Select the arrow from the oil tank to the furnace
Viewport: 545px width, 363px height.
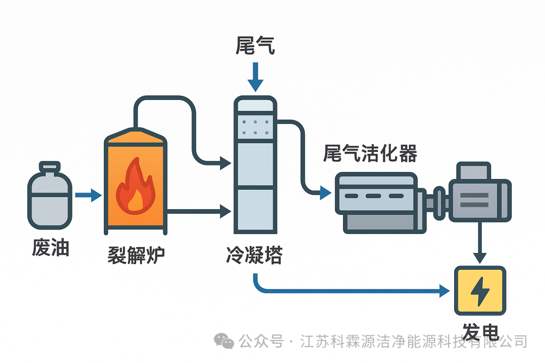pyautogui.click(x=88, y=195)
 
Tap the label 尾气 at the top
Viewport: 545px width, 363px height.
pyautogui.click(x=255, y=45)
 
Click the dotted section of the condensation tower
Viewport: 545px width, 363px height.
pyautogui.click(x=255, y=127)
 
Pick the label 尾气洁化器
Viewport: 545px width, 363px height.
pyautogui.click(x=370, y=153)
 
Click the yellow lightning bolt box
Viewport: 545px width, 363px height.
pyautogui.click(x=479, y=290)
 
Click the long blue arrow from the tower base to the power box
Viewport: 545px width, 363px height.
pyautogui.click(x=353, y=291)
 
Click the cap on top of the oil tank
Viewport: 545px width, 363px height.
pyautogui.click(x=49, y=167)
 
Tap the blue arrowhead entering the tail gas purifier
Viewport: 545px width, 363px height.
pyautogui.click(x=325, y=192)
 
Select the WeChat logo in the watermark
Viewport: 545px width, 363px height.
pyautogui.click(x=224, y=341)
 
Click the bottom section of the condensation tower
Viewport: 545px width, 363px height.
pyautogui.click(x=255, y=209)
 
